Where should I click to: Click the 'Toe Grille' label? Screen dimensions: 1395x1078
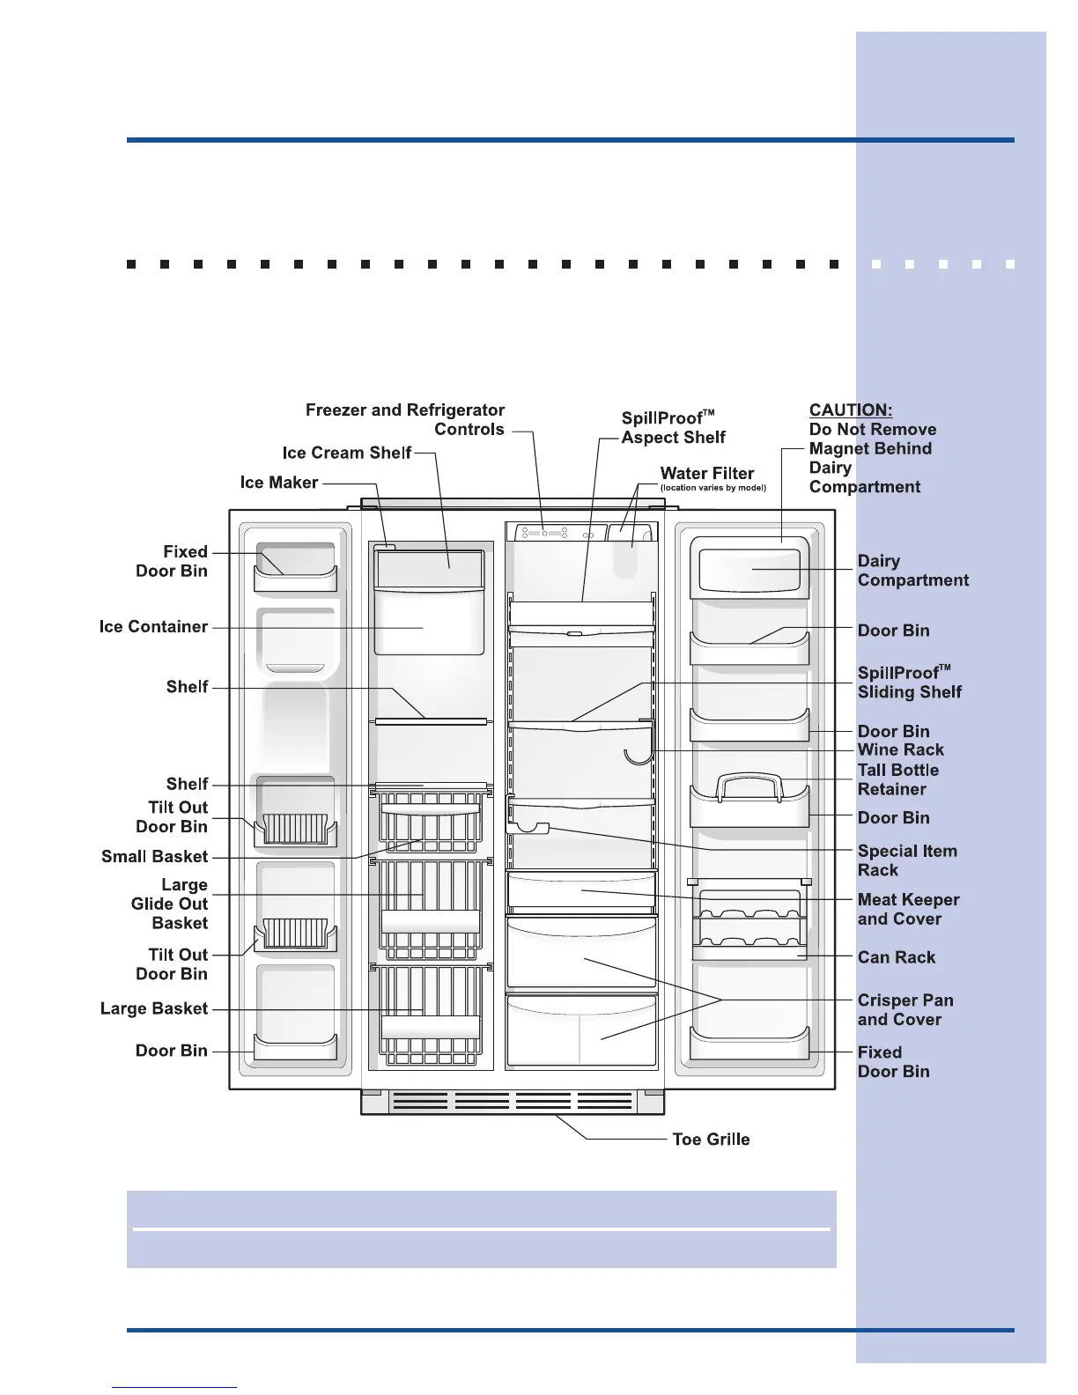(x=711, y=1139)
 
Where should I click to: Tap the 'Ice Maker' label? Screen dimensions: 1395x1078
(x=278, y=483)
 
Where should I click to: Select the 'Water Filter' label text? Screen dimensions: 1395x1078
(x=707, y=473)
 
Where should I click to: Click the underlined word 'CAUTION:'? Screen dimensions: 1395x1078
(x=850, y=410)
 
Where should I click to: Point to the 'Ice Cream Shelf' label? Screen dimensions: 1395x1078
(x=346, y=453)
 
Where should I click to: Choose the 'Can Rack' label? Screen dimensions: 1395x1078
(x=896, y=957)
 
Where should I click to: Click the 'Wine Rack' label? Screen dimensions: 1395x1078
(x=900, y=749)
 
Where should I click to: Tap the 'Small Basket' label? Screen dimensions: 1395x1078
(x=154, y=856)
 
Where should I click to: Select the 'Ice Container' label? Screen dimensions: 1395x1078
(x=153, y=626)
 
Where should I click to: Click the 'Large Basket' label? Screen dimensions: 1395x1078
(x=153, y=1008)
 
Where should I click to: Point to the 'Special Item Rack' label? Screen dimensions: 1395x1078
(x=906, y=860)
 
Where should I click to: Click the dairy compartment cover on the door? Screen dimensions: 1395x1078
(x=749, y=569)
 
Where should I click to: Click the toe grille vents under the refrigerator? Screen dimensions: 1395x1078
(x=513, y=1102)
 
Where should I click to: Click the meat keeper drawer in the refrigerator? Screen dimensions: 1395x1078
(x=581, y=892)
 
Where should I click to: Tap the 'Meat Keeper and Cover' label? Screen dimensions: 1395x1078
(x=907, y=909)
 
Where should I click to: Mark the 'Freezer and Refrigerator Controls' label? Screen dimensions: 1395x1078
(x=405, y=419)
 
